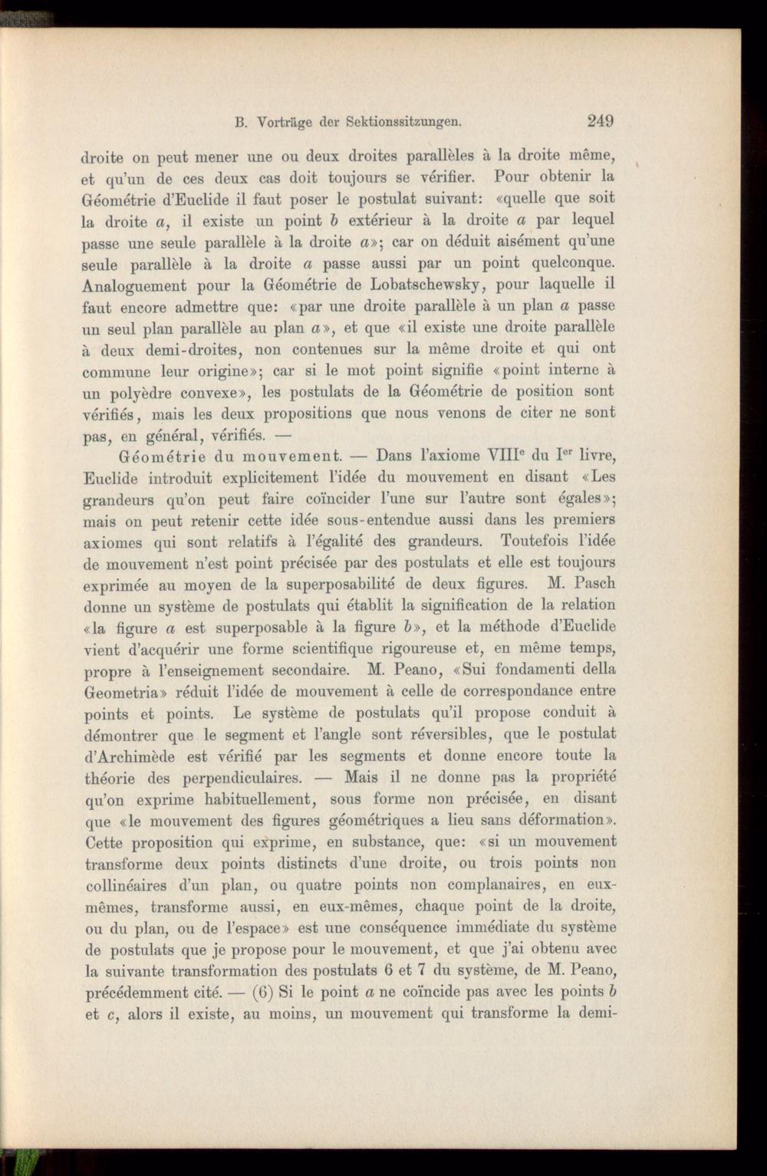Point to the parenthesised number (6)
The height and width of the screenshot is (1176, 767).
pos(261,990)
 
